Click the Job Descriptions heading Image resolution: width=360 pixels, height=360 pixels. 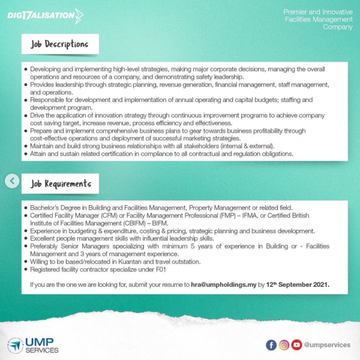[59, 44]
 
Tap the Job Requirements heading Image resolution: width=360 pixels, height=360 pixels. [61, 183]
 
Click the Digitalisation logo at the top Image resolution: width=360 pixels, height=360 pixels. [45, 14]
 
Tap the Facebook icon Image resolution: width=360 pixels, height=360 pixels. [271, 345]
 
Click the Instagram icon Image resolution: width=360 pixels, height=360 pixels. [284, 345]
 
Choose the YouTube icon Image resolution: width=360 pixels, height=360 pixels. [296, 345]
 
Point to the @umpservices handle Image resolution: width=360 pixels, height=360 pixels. [327, 345]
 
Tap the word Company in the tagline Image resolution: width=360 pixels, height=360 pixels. [338, 27]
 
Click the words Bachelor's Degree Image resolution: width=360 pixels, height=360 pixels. [56, 208]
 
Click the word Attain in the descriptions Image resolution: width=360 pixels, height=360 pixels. [39, 154]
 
